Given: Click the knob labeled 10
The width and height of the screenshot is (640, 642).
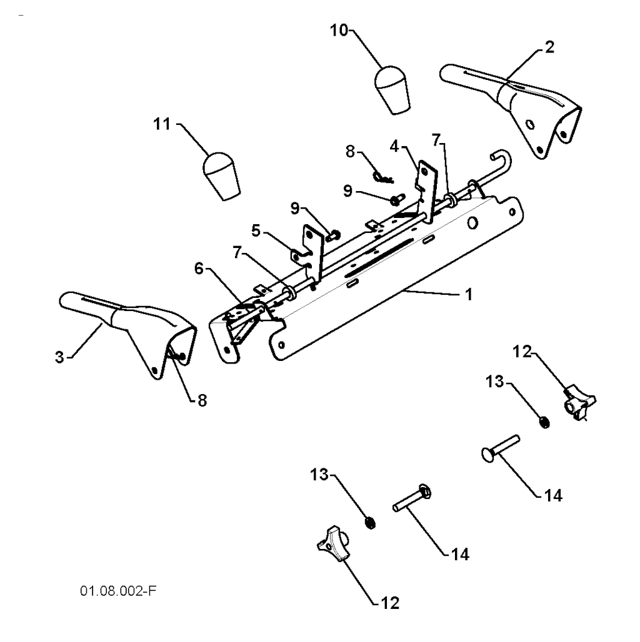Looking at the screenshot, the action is [392, 90].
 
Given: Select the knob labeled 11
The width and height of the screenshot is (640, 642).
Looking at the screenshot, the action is [221, 177].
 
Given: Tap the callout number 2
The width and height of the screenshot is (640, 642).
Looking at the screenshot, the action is [550, 47].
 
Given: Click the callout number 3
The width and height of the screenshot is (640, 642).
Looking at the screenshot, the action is [60, 357].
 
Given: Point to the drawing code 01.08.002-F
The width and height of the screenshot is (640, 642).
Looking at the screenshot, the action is [118, 591].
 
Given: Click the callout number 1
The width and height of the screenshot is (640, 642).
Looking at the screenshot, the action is [469, 294].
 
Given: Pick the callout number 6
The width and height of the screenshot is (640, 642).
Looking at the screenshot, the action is [199, 269].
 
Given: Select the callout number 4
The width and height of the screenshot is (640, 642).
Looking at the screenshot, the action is [394, 146].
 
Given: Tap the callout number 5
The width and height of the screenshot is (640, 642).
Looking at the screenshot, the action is [256, 231].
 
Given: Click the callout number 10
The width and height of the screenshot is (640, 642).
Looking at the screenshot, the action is [339, 31].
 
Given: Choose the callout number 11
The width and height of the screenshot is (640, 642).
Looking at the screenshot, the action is [162, 124].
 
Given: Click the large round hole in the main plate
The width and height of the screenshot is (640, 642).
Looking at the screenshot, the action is [473, 223].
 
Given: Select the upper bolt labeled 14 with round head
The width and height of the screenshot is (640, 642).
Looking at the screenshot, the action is [500, 449].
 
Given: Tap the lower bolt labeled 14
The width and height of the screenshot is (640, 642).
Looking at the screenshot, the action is [412, 497].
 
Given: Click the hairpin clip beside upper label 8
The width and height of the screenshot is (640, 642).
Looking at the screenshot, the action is [383, 177].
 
